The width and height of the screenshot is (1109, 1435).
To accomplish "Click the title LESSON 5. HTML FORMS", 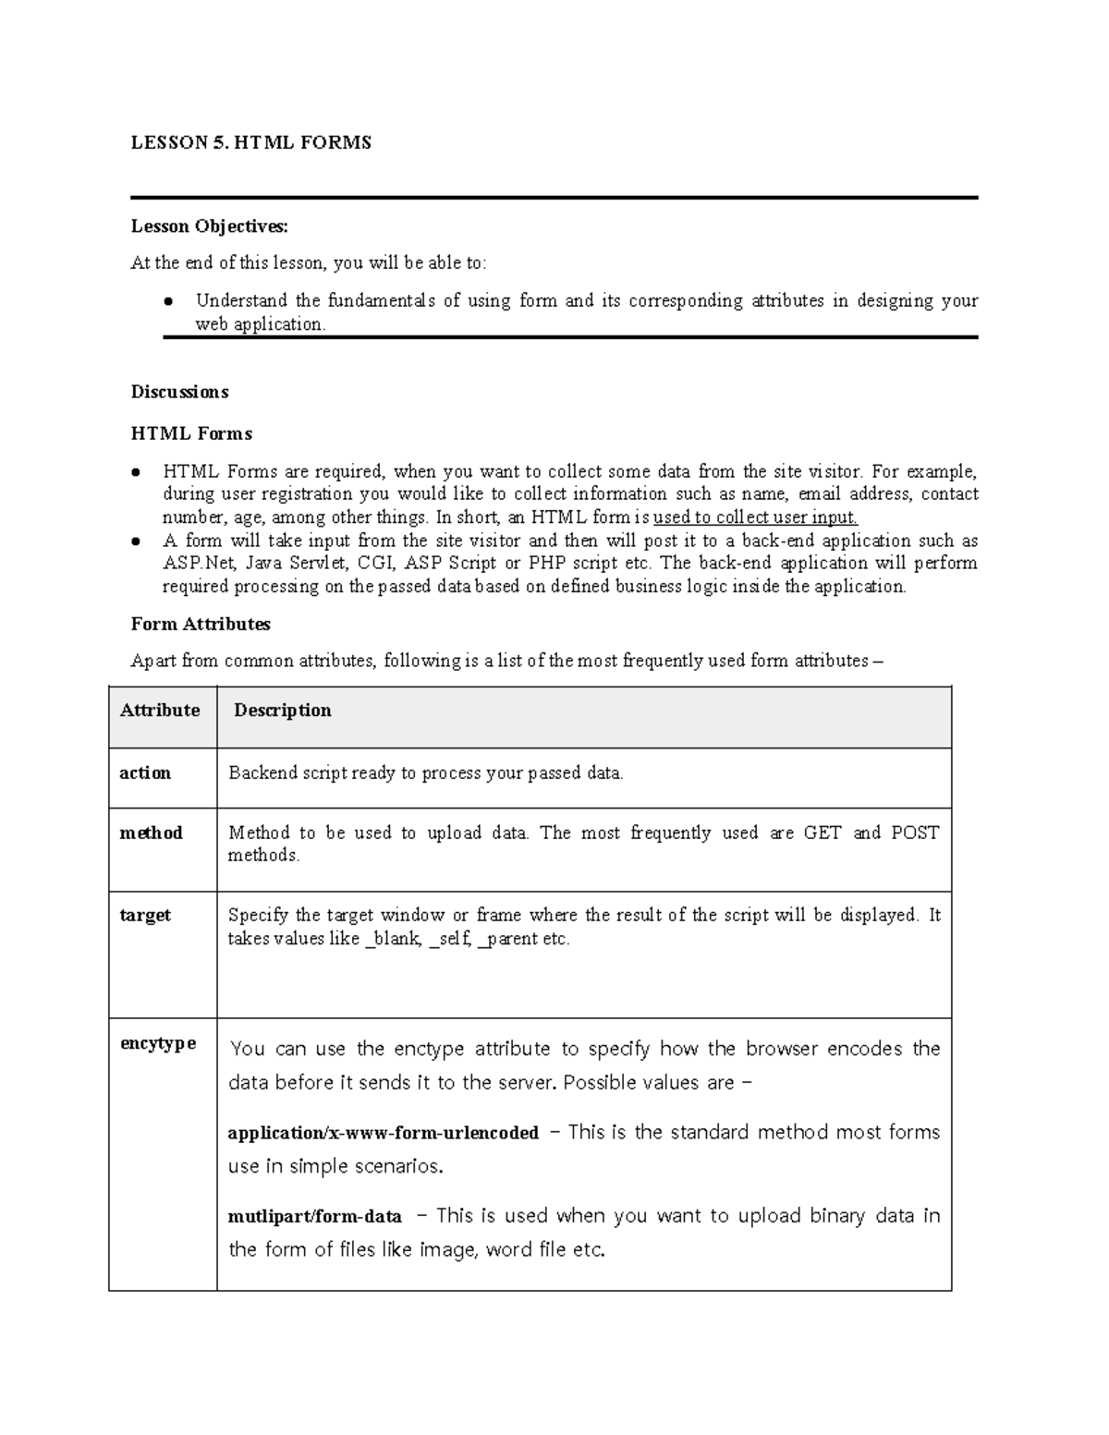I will coord(250,142).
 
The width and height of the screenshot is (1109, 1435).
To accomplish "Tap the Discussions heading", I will coord(179,392).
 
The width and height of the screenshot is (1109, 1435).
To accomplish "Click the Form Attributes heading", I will coord(201,624).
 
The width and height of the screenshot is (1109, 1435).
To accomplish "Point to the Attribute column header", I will coord(160,711).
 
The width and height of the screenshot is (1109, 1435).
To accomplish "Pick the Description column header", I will coord(282,711).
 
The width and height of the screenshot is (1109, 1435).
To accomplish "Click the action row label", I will coord(145,772).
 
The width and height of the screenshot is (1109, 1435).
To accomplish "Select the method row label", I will coord(151,833).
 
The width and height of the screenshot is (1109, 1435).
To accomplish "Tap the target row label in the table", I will coord(145,915).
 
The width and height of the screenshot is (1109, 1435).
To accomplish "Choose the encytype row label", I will coord(158,1043).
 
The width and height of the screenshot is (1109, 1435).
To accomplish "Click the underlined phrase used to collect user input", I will coord(755,517).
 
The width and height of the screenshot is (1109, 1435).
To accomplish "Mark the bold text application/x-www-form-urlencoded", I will coord(383,1133).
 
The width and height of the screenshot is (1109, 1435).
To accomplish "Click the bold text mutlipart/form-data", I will coord(314,1216).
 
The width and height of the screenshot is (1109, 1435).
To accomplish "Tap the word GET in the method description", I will coord(822,833).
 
